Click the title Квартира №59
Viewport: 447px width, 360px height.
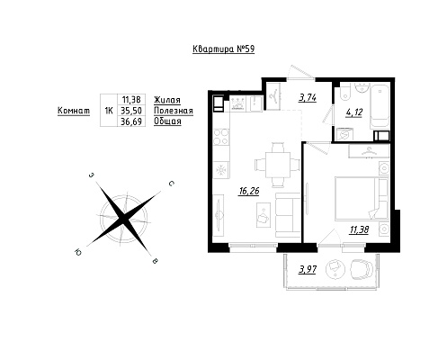tap(223, 49)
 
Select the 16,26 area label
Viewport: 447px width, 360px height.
tap(248, 191)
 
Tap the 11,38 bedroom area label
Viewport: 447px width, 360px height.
tap(359, 230)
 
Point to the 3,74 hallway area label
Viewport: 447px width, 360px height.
tap(308, 98)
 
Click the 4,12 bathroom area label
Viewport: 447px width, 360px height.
tap(354, 112)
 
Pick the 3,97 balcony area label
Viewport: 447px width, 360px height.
tap(308, 270)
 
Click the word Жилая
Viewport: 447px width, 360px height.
tap(167, 100)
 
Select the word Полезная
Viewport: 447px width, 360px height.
tap(174, 111)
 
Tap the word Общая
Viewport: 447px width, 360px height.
tap(167, 121)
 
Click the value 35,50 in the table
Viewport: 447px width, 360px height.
tap(131, 111)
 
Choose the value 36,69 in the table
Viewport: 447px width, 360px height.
tap(131, 121)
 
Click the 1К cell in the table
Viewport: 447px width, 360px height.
tap(109, 111)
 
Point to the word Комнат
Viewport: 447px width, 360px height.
tap(74, 111)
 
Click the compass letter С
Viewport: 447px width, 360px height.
tap(172, 184)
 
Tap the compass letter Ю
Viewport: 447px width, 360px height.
tap(78, 253)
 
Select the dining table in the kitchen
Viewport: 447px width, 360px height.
tap(278, 165)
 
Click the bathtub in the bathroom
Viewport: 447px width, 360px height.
tap(380, 105)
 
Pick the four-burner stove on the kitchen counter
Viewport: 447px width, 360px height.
tap(221, 137)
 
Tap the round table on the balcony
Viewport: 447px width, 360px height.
tap(335, 268)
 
